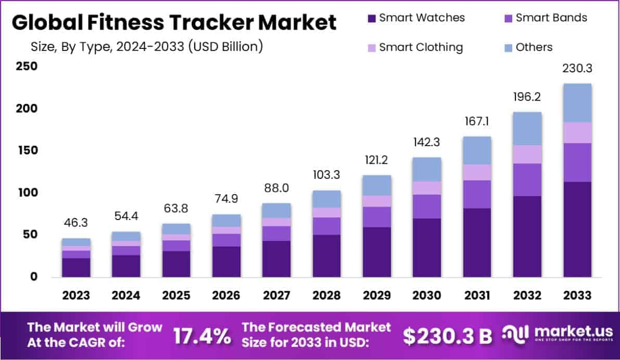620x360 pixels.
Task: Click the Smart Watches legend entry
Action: [416, 18]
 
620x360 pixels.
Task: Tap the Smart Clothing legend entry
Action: [415, 47]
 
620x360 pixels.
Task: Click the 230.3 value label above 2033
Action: [577, 69]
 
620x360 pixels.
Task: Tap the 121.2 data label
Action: [376, 160]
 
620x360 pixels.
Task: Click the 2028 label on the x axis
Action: [326, 295]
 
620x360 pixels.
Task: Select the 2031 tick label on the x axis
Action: [477, 295]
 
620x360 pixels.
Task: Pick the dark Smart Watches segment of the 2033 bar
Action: [577, 229]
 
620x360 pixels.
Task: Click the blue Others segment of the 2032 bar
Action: [527, 128]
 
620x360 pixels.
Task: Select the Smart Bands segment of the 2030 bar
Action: [427, 207]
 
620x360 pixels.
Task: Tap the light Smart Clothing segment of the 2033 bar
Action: [577, 133]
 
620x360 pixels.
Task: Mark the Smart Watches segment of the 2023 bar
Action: [76, 267]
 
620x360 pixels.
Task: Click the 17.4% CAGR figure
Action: [202, 336]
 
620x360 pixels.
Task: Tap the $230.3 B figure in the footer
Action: [448, 336]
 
